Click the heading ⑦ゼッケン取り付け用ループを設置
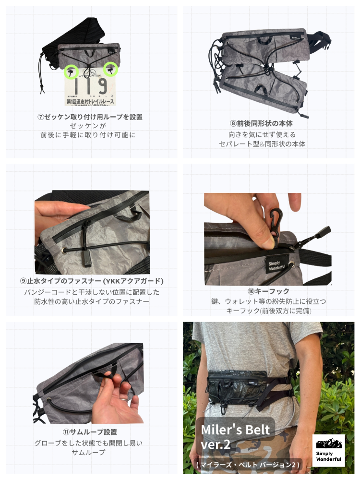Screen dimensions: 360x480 click(90, 117)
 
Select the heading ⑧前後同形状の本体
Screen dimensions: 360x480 click(261, 123)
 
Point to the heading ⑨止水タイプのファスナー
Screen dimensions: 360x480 click(92, 281)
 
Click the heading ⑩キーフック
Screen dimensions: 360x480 click(268, 291)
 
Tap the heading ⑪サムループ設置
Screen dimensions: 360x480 click(90, 432)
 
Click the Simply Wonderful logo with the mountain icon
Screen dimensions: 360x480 click(328, 450)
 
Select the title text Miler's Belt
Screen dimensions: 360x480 click(235, 430)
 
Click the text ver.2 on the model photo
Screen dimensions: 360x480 click(216, 444)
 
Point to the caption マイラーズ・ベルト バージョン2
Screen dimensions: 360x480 click(248, 465)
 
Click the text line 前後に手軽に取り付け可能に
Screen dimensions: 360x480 click(88, 135)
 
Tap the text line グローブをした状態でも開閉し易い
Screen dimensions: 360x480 click(88, 443)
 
